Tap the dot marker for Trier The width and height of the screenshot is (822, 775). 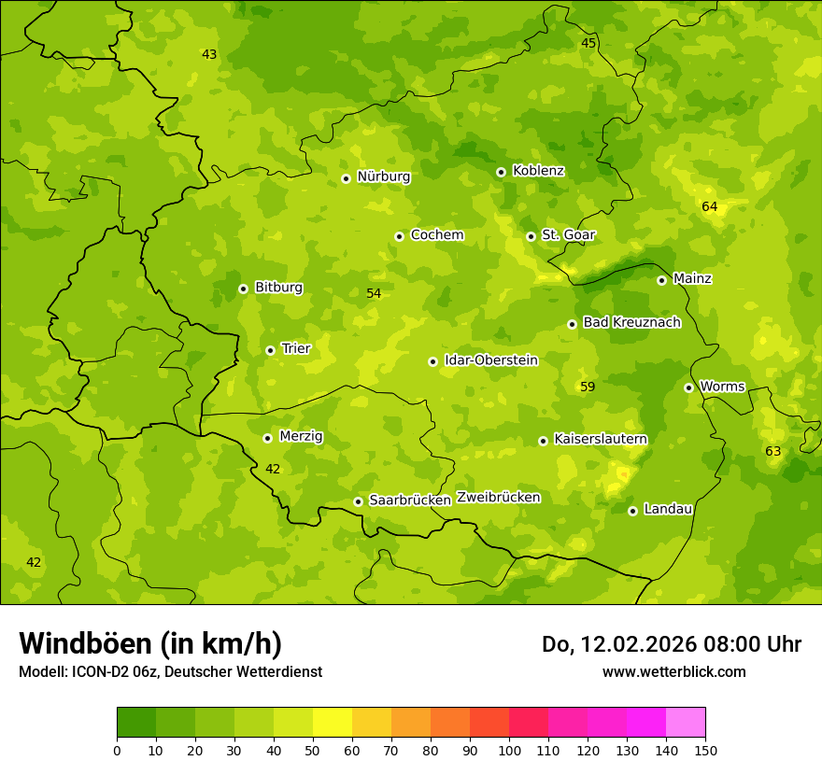[270, 350]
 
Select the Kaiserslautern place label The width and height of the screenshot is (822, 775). [601, 439]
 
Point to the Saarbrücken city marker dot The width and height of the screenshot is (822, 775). [358, 501]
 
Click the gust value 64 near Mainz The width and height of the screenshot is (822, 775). [710, 206]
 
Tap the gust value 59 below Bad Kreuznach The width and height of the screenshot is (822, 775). [588, 387]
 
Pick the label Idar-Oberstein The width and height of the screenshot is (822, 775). [491, 359]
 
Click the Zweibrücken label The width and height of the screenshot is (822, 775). [498, 498]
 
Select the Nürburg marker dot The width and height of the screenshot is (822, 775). [346, 177]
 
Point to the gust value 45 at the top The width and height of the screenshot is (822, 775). [588, 44]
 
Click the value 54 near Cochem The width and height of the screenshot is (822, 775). [374, 293]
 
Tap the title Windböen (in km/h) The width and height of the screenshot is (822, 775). [150, 643]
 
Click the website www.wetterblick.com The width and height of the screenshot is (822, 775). [673, 671]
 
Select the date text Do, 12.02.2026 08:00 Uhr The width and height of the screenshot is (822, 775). [671, 644]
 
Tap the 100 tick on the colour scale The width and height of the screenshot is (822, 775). [509, 750]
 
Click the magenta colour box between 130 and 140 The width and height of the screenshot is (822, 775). [646, 723]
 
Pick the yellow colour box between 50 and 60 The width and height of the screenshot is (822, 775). [333, 723]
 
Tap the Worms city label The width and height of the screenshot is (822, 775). [722, 387]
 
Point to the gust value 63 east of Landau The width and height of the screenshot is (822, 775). [772, 452]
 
